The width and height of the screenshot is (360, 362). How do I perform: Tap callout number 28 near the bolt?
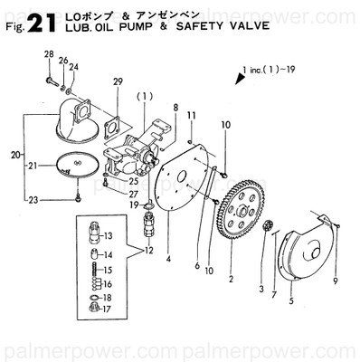tap(48, 56)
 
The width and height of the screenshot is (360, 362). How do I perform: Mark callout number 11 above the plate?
tap(192, 116)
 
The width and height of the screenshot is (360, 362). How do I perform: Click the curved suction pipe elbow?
tap(67, 118)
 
